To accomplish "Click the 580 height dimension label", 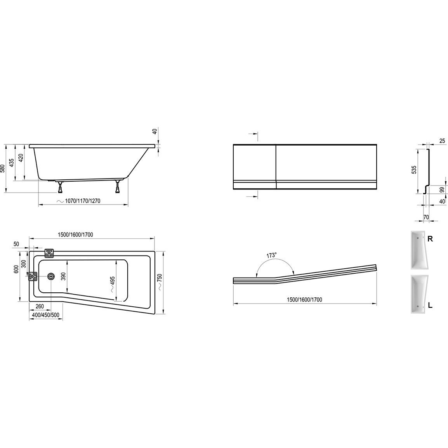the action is coord(3,168).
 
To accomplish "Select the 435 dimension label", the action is coord(11,162).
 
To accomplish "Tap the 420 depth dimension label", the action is coord(21,158).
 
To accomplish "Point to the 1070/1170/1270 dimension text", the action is coord(83,201).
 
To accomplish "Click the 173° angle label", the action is coord(272,255).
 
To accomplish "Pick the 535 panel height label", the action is coord(414,169).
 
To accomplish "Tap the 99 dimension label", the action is coord(442,189).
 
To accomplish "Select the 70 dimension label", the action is coord(426,217).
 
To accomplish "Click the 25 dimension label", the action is coord(442,141).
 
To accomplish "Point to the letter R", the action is coord(430,239).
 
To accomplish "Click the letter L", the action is coord(430,306).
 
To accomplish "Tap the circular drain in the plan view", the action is coord(51,276).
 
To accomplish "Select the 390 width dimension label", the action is coord(63,276).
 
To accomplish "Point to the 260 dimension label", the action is coord(40,306).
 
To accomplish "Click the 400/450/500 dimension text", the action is coord(46,315).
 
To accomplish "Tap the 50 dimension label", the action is coord(16,244).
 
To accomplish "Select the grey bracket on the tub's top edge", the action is coord(49,253).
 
